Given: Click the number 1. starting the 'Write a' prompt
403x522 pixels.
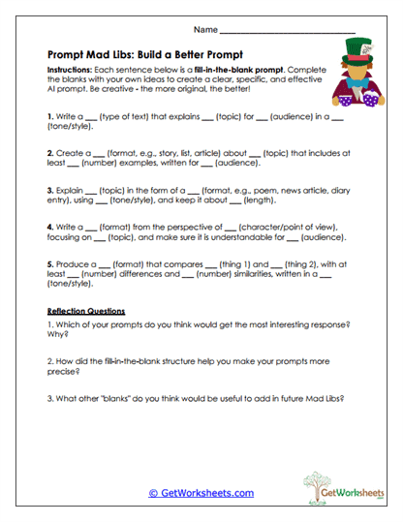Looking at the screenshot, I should pyautogui.click(x=50, y=115).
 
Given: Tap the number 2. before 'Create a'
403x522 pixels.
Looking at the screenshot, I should pyautogui.click(x=50, y=153).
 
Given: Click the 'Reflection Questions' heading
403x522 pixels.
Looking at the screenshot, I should pyautogui.click(x=86, y=311).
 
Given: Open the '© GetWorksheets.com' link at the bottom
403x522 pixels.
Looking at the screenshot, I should pyautogui.click(x=201, y=492).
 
